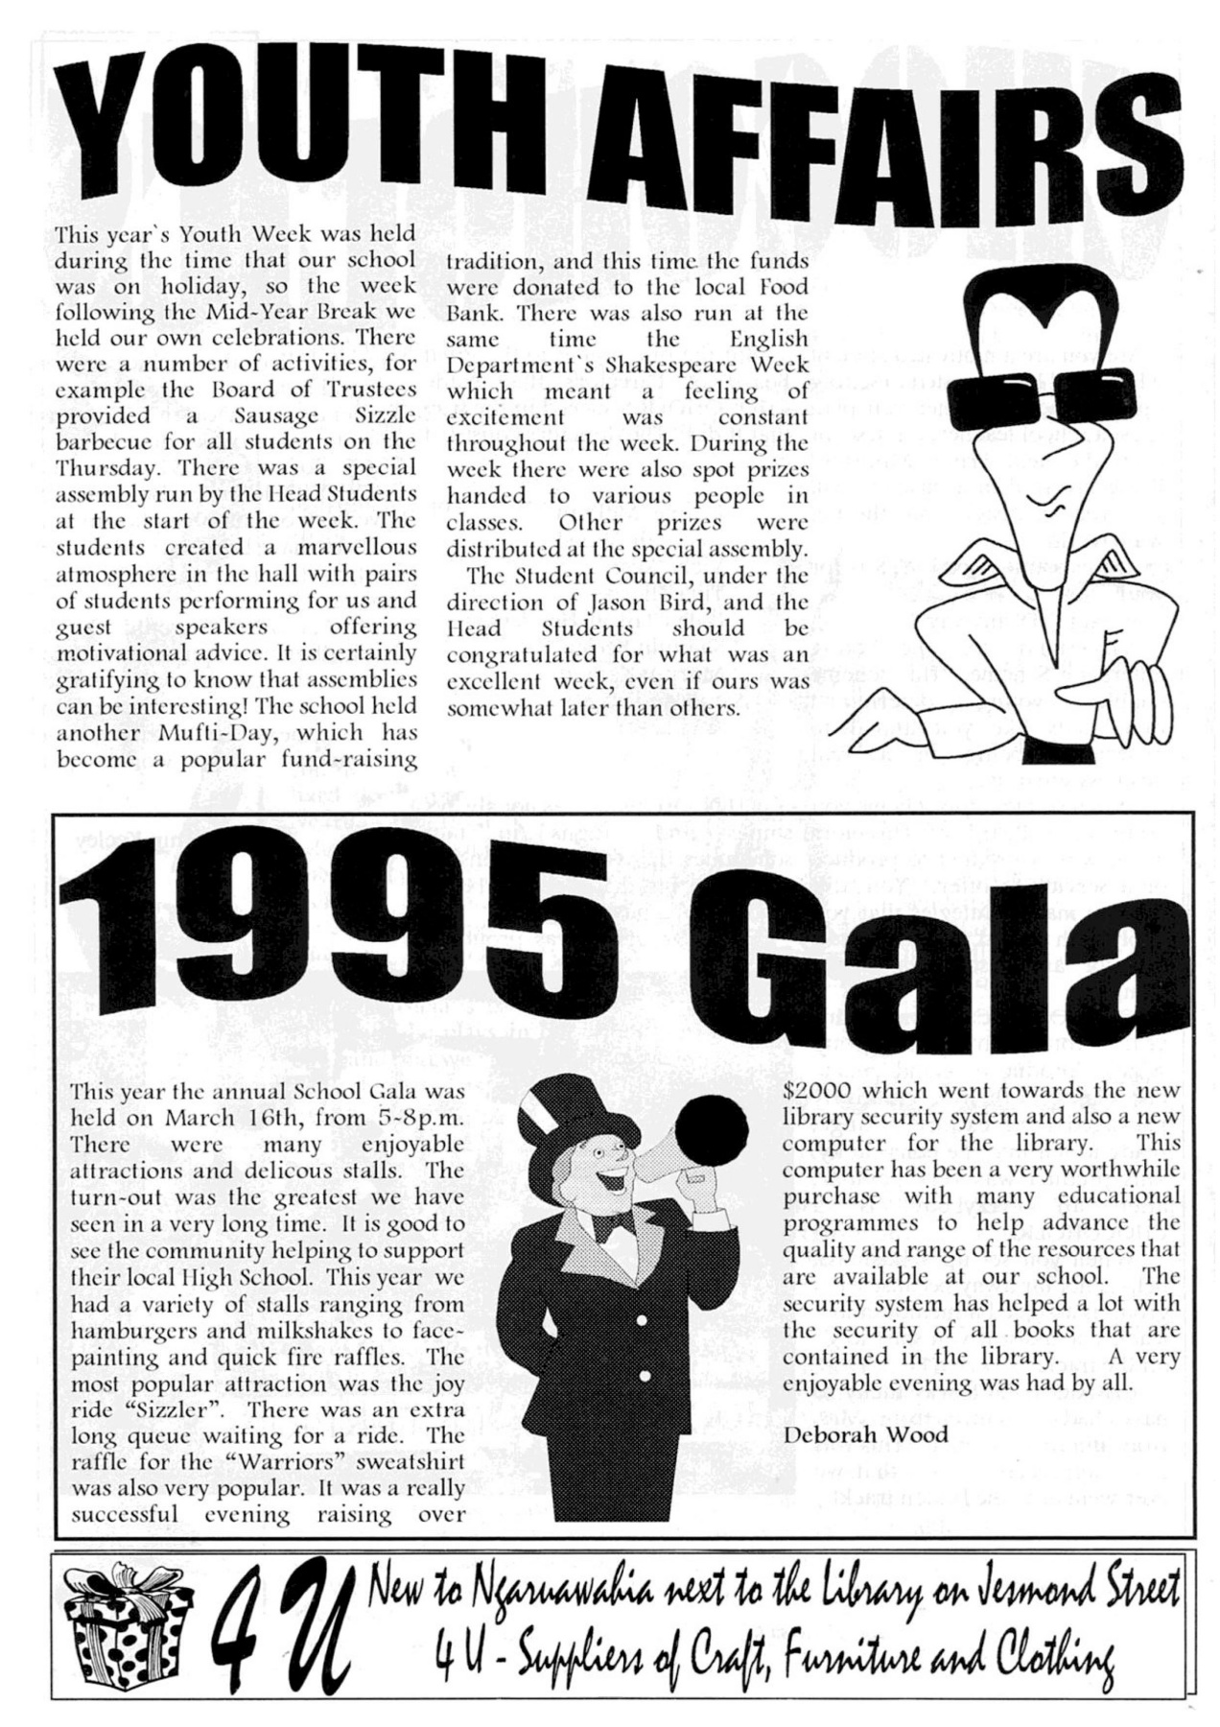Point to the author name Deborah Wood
(x=852, y=1435)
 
